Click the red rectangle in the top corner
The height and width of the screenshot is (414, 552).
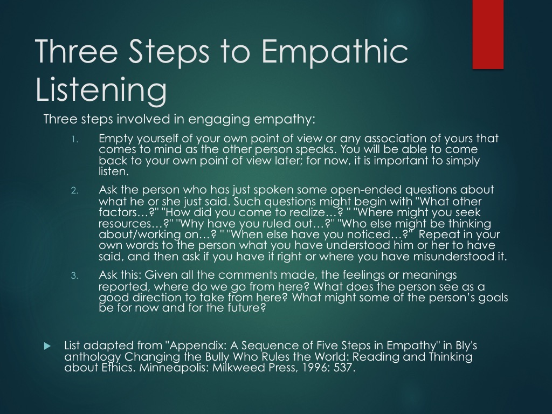click(488, 34)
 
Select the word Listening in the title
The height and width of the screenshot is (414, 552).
click(101, 89)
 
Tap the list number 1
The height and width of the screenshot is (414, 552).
click(74, 140)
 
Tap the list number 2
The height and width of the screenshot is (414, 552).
click(74, 191)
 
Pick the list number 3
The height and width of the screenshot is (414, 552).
click(74, 275)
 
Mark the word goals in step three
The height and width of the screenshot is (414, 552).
click(493, 298)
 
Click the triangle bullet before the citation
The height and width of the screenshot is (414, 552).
click(47, 346)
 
